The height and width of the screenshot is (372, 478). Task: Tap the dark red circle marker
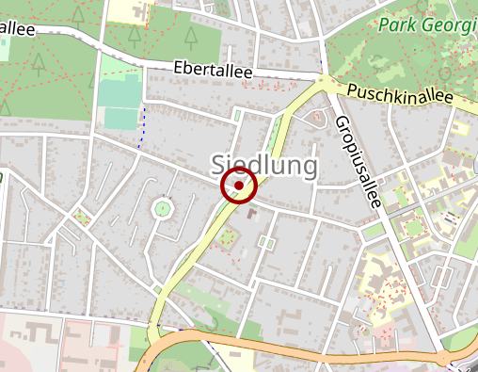(x=239, y=186)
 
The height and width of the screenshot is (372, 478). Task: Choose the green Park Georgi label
(x=428, y=26)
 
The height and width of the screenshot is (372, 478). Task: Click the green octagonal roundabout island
(x=163, y=208)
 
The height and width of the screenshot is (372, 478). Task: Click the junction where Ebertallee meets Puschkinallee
(x=324, y=81)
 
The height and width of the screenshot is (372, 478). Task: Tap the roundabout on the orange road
(x=443, y=358)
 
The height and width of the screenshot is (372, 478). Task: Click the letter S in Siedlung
(x=219, y=165)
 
